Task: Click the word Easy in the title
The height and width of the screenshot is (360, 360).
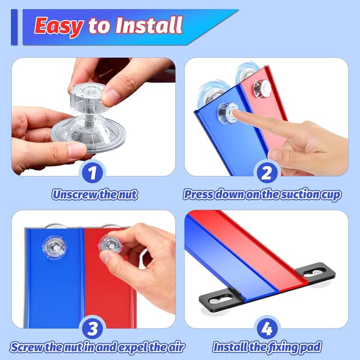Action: click(58, 26)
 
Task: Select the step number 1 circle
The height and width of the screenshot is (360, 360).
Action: click(92, 173)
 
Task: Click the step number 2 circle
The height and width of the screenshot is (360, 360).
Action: click(266, 173)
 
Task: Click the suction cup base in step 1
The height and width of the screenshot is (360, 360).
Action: click(88, 135)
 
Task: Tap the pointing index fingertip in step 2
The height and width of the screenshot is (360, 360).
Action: click(235, 112)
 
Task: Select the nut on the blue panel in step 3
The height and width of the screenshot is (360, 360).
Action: click(55, 247)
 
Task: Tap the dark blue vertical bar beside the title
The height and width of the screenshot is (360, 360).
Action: click(14, 27)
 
